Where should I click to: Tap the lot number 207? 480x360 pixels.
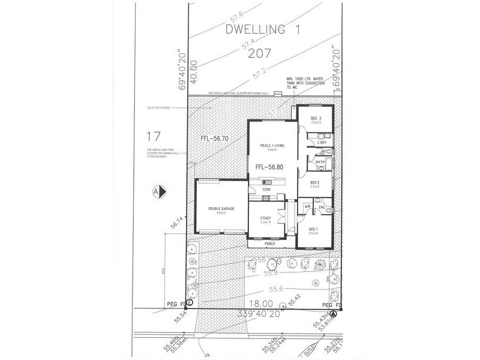(x=259, y=53)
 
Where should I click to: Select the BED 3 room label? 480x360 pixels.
(x=316, y=119)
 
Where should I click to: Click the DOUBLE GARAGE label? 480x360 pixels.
(x=221, y=208)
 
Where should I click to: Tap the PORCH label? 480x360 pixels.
(x=270, y=244)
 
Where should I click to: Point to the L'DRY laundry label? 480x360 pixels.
(x=322, y=142)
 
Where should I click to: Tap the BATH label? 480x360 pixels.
(x=321, y=162)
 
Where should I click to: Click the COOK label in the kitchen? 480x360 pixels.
(x=266, y=190)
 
